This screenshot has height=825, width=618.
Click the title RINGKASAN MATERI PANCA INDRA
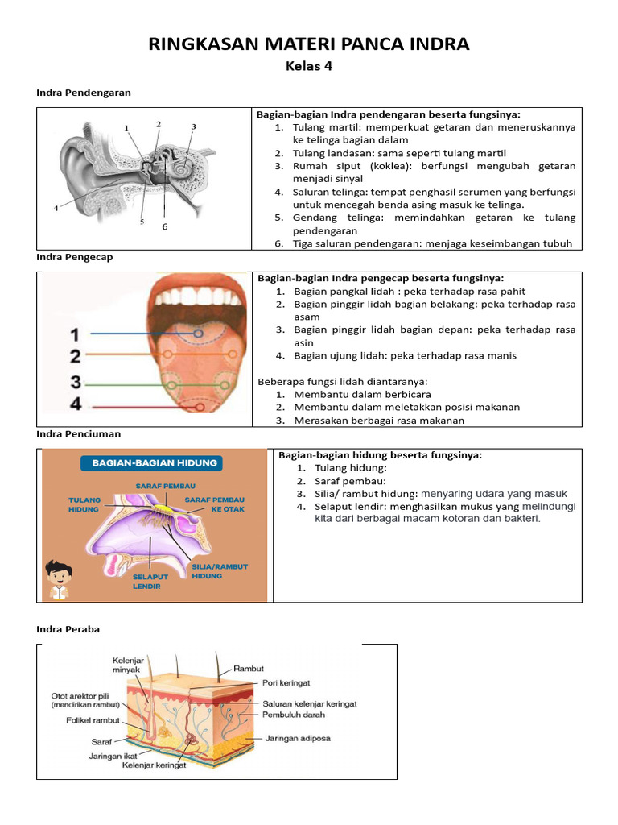pos(309,44)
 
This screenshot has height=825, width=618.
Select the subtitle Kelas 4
pos(309,66)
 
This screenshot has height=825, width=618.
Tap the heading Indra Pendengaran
pos(84,93)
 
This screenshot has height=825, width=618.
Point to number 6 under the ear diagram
pos(165,227)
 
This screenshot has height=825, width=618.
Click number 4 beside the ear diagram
pos(56,208)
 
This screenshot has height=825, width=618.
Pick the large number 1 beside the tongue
pos(75,334)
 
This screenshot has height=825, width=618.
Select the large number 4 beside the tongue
pos(75,404)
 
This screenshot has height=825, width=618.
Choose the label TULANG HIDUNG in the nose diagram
pos(84,504)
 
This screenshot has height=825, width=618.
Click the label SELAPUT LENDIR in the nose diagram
pos(146,582)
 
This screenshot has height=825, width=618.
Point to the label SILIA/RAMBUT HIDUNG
pos(219,571)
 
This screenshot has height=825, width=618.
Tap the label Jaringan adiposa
pos(298,738)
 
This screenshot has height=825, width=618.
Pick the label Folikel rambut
pos(93,720)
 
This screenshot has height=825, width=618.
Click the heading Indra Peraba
pos(68,629)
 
